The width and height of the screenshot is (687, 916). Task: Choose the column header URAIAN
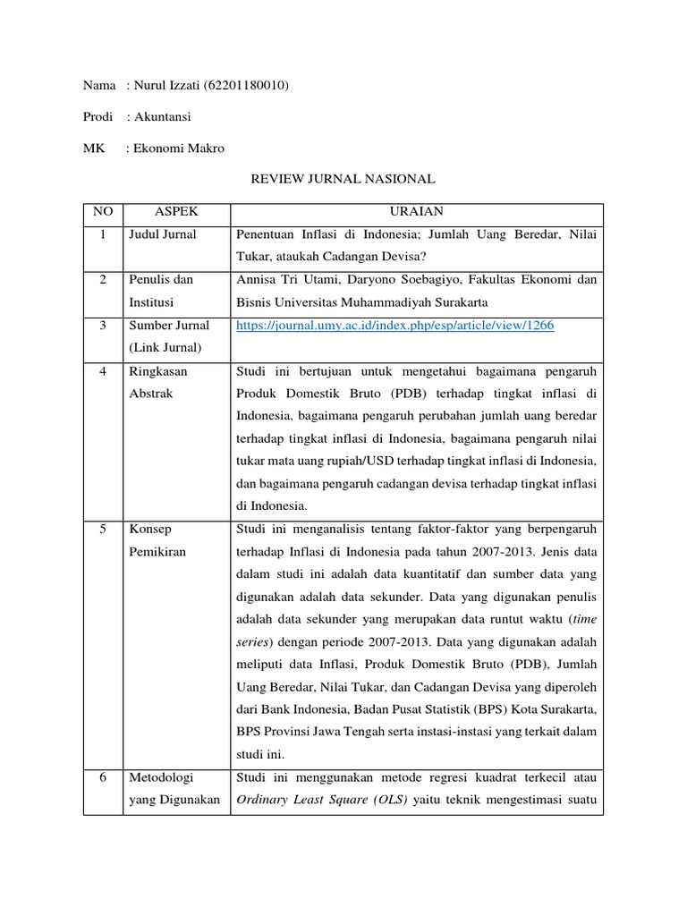pyautogui.click(x=416, y=211)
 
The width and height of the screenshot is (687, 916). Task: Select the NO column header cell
pyautogui.click(x=102, y=211)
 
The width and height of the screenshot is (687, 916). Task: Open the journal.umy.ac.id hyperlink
pyautogui.click(x=394, y=327)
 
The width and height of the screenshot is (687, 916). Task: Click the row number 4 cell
pyautogui.click(x=102, y=370)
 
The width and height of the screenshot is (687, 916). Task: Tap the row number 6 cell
pyautogui.click(x=102, y=777)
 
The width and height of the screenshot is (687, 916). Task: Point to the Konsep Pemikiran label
pyautogui.click(x=157, y=540)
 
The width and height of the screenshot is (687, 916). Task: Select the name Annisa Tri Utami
pyautogui.click(x=281, y=280)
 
